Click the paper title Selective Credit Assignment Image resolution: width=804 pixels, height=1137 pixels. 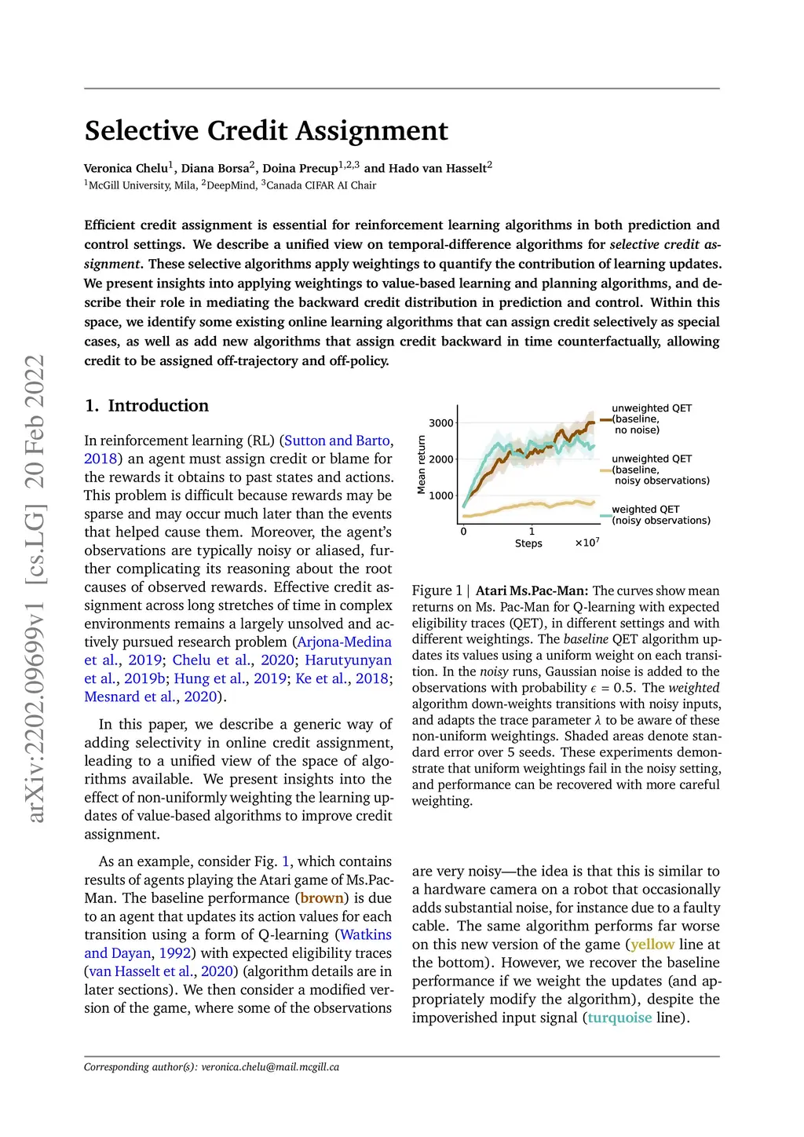click(x=266, y=130)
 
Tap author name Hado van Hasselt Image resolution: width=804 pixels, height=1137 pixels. click(x=437, y=168)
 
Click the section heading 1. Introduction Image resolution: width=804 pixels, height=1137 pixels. click(x=147, y=406)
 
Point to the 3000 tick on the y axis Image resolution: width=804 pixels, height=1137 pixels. click(x=440, y=423)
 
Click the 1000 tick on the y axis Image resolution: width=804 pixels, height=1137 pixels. click(x=440, y=495)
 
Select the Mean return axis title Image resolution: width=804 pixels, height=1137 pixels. click(x=422, y=464)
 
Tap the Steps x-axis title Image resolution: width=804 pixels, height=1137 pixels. click(x=528, y=543)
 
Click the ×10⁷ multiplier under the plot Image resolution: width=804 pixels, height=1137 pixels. click(x=587, y=543)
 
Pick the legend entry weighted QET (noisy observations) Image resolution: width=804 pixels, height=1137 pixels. click(x=661, y=515)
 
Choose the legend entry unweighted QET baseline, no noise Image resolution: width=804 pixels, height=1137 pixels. click(x=652, y=419)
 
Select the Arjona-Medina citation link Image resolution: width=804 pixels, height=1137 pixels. click(x=344, y=642)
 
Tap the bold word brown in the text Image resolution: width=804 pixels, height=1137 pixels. click(x=322, y=898)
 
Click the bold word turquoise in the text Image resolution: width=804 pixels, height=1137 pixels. click(x=619, y=1018)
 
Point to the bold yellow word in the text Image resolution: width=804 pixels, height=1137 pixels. click(x=652, y=945)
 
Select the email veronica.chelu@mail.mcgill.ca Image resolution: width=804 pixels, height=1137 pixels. click(x=270, y=1067)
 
